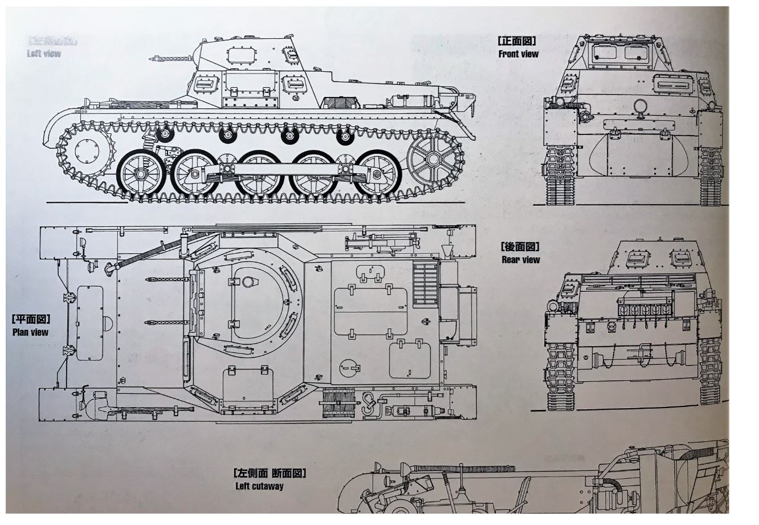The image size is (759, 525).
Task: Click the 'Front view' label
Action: (x=518, y=54)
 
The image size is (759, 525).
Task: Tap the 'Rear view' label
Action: (x=520, y=260)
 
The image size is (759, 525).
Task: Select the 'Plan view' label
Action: (x=30, y=332)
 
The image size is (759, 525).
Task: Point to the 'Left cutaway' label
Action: (x=259, y=486)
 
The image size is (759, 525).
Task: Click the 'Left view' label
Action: (x=43, y=54)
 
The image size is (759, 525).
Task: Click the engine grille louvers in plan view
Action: (x=425, y=283)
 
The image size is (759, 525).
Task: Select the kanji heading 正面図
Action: (x=517, y=42)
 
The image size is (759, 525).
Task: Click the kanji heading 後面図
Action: (x=520, y=247)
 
